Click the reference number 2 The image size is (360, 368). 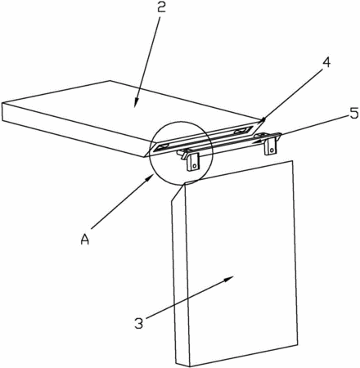[x=161, y=7]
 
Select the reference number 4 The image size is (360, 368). [x=326, y=63]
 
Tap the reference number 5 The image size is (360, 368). [x=353, y=113]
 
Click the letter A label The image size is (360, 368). [x=85, y=240]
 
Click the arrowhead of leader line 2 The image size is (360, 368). [x=137, y=104]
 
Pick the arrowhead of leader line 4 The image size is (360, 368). [x=263, y=119]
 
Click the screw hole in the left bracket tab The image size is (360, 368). [x=194, y=165]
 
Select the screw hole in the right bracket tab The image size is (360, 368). [x=272, y=150]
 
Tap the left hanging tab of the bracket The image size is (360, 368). [x=193, y=163]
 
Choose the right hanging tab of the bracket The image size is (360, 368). [x=271, y=146]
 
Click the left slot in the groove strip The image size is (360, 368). [x=162, y=147]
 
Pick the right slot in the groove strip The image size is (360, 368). [x=241, y=131]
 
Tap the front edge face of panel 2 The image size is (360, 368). [x=74, y=129]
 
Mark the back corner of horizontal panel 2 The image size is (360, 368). [x=110, y=81]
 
